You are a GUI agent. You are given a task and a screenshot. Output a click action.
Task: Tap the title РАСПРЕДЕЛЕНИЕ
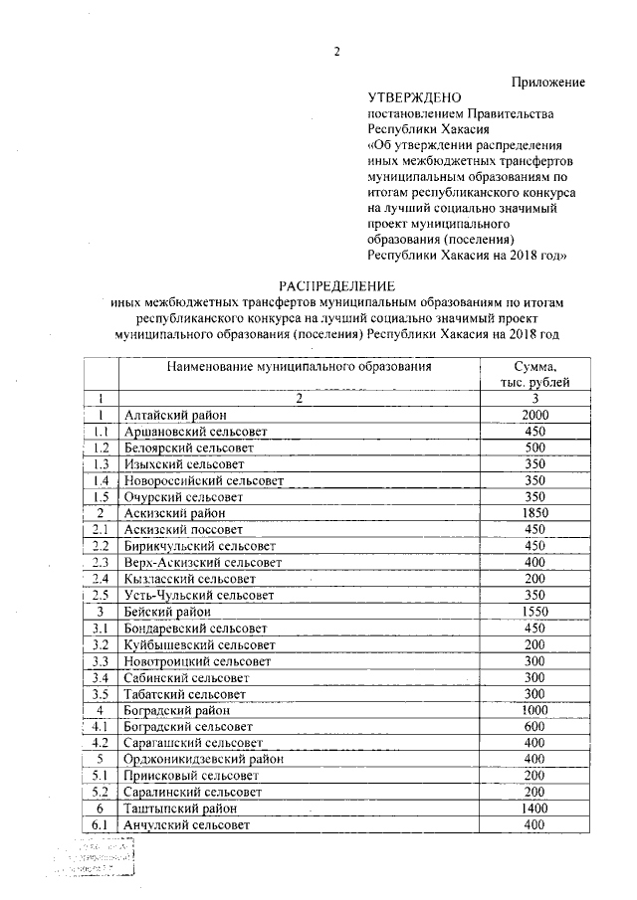point(336,285)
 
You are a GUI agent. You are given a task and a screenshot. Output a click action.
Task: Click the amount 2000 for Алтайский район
point(535,416)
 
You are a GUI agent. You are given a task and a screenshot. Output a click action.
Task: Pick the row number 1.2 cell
point(101,448)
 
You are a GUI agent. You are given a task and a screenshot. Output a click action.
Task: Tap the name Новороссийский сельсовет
point(204,480)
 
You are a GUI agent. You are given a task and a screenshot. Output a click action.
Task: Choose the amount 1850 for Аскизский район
point(535,512)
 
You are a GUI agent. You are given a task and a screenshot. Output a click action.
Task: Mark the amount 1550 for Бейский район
point(535,610)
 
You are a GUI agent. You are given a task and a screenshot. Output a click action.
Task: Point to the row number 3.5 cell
point(101,692)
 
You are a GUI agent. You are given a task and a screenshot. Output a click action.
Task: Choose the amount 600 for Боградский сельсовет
point(535,725)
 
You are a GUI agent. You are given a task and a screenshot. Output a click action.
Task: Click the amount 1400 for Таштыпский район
point(535,808)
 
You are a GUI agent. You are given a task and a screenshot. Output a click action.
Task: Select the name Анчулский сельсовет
point(186,824)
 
